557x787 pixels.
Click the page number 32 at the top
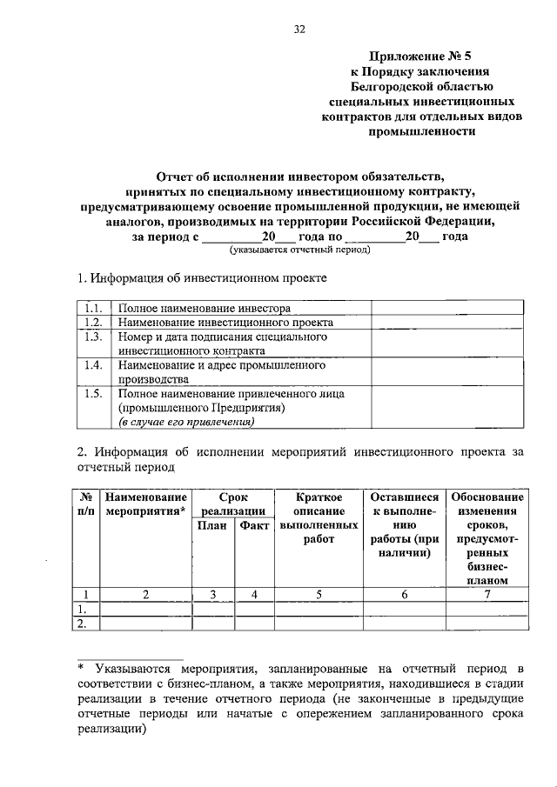[x=299, y=29]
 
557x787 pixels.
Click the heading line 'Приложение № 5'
[x=421, y=55]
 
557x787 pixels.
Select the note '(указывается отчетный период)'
[x=299, y=250]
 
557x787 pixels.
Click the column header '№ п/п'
[x=87, y=502]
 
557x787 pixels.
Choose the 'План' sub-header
[x=213, y=526]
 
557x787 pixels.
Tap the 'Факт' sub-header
[x=254, y=526]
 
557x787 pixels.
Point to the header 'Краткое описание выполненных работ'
[x=319, y=517]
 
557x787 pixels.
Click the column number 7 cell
[x=487, y=595]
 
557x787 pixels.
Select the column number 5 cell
[x=319, y=595]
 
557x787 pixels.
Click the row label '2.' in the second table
[x=84, y=623]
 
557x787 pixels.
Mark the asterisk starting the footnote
[x=81, y=668]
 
